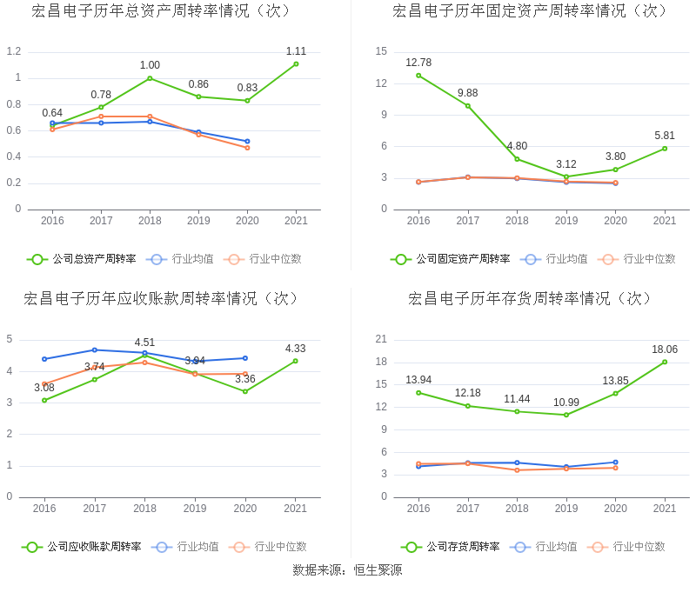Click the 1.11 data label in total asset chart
tap(296, 51)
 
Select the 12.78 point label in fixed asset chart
tap(418, 63)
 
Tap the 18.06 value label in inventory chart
tap(665, 349)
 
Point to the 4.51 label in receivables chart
tap(144, 343)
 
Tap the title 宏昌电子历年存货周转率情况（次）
tap(531, 299)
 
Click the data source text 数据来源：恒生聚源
tap(347, 570)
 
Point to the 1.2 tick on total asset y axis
tap(13, 51)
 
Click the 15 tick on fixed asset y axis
tap(381, 51)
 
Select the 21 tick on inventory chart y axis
tap(381, 339)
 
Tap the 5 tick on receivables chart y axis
tap(10, 339)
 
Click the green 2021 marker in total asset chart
tap(296, 63)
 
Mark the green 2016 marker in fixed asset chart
tap(418, 76)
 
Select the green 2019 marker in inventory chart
tap(566, 415)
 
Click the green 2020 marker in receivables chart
tap(245, 391)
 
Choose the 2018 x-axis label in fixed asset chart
tap(517, 221)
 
